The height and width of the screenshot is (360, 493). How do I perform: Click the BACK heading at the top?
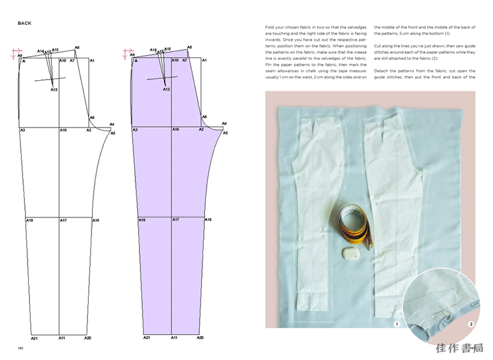point(24,23)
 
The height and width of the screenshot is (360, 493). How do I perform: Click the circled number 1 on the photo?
point(396,325)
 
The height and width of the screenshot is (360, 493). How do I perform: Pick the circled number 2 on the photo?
point(471,325)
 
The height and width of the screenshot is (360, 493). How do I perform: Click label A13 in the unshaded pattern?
point(54,89)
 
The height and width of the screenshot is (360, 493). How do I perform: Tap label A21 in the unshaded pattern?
point(34,338)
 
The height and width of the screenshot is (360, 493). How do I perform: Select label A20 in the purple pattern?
point(201,338)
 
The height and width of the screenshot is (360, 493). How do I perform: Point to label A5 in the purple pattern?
point(225,133)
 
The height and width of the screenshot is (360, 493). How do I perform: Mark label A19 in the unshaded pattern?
point(30,220)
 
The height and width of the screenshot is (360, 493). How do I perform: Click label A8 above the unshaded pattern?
point(77,47)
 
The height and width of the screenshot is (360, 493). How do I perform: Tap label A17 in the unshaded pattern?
point(63,220)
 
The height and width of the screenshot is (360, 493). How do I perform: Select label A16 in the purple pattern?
point(176,130)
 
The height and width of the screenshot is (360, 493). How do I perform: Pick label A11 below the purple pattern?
point(174,338)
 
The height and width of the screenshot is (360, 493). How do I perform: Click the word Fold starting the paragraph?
point(271,26)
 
